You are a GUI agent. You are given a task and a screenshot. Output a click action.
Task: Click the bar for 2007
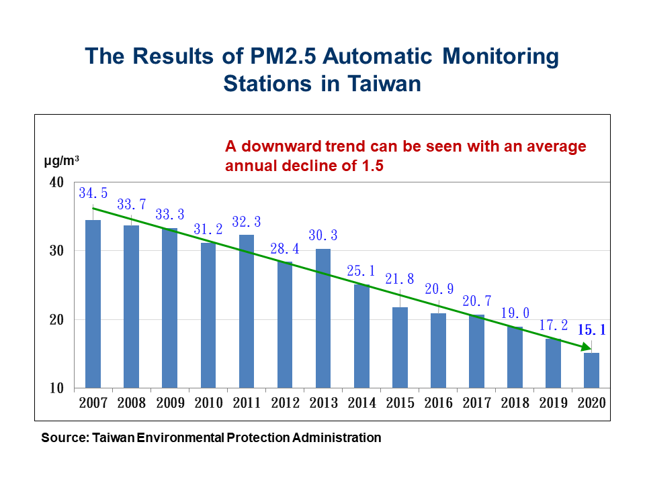[x=93, y=304]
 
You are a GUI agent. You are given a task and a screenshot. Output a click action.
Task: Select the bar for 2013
[x=323, y=318]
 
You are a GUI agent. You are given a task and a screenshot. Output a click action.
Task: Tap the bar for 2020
[x=591, y=370]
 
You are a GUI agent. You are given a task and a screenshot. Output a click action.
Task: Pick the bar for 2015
[x=400, y=347]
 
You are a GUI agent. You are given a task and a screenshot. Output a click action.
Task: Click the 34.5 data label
[x=93, y=193]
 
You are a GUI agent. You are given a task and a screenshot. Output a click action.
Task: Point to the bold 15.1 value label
[x=591, y=329]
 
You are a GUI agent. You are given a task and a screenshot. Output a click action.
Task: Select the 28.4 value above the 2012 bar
[x=285, y=248]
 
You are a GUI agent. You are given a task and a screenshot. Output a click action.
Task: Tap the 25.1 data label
[x=361, y=270]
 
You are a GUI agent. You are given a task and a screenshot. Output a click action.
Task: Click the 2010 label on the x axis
[x=208, y=403]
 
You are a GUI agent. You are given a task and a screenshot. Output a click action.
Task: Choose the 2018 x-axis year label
[x=515, y=403]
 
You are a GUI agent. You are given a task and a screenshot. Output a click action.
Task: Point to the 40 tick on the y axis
[x=56, y=182]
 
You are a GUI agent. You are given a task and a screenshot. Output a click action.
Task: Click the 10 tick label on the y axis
[x=56, y=388]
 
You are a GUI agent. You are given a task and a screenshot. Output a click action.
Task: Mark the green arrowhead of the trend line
[x=586, y=347]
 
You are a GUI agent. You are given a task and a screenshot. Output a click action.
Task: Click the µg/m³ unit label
[x=61, y=160]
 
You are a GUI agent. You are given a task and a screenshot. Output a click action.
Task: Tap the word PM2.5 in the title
[x=283, y=56]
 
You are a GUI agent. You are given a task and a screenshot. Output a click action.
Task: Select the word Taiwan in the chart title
[x=384, y=84]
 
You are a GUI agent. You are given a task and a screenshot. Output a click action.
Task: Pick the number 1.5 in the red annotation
[x=373, y=166]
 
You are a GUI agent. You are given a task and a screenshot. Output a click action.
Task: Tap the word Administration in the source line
[x=337, y=438]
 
